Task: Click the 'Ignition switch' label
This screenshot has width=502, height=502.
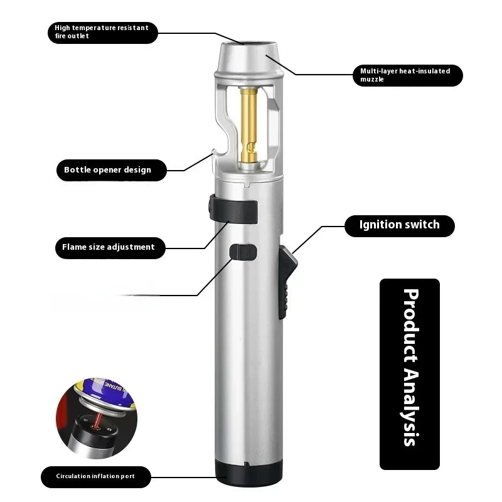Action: coord(399,226)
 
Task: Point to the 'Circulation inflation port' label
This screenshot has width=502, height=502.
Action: coord(96,477)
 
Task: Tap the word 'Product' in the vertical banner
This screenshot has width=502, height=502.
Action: coord(411,326)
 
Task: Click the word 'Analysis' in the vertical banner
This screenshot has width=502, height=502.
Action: coord(411,407)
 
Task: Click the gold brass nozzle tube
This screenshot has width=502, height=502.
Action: coord(248,125)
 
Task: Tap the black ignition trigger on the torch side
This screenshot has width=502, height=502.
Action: coord(287,282)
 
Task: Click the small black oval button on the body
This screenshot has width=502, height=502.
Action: coord(243,252)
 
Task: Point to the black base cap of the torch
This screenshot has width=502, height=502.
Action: coord(248,473)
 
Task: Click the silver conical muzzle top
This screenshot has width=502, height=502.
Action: coord(248,59)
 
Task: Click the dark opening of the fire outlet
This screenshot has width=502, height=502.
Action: coord(249,43)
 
